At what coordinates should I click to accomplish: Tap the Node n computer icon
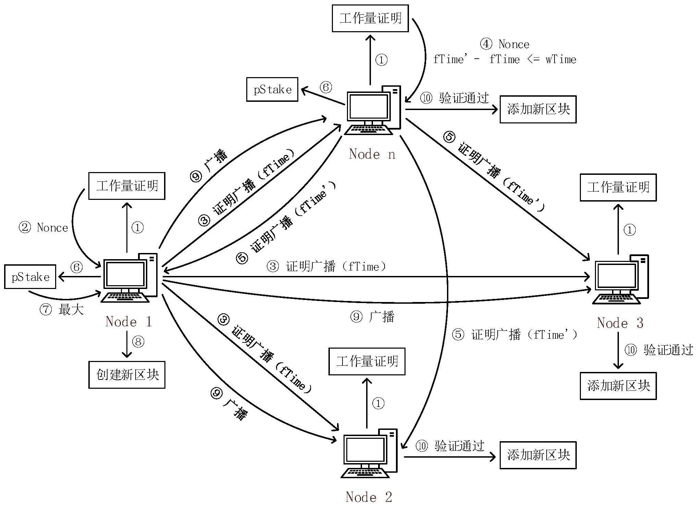(373, 110)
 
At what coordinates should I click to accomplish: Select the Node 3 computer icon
(621, 279)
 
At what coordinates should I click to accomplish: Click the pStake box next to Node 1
(30, 277)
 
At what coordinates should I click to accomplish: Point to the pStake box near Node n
(272, 89)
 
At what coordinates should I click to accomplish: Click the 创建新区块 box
(127, 375)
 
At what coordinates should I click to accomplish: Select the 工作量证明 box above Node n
(370, 18)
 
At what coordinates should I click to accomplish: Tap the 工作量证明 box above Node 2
(367, 361)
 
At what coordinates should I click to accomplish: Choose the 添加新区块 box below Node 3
(618, 386)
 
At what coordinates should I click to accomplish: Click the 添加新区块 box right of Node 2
(538, 455)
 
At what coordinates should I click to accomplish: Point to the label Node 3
(620, 323)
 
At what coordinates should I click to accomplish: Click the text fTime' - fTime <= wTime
(505, 60)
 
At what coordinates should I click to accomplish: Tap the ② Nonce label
(43, 228)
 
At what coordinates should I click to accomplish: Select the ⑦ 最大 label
(62, 310)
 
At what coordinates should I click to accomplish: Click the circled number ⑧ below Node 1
(138, 342)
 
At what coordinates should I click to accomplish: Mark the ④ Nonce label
(505, 44)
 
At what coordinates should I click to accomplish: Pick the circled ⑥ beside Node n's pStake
(326, 87)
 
